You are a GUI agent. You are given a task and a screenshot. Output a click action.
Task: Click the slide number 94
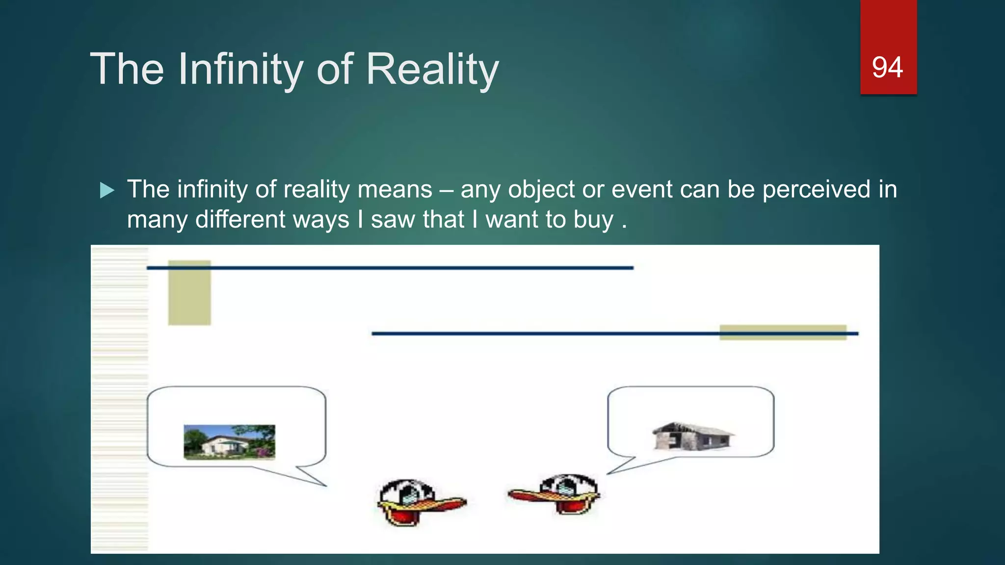887,67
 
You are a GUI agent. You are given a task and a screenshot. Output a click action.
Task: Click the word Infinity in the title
240,69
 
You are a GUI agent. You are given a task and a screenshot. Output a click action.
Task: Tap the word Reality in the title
432,69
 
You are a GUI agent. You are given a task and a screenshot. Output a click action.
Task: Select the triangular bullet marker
106,190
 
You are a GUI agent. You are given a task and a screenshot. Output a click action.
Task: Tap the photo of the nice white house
229,442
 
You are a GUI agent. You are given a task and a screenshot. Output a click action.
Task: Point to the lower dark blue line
540,334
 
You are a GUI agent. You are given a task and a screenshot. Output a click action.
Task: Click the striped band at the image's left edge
120,400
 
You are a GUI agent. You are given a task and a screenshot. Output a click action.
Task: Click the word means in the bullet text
395,189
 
